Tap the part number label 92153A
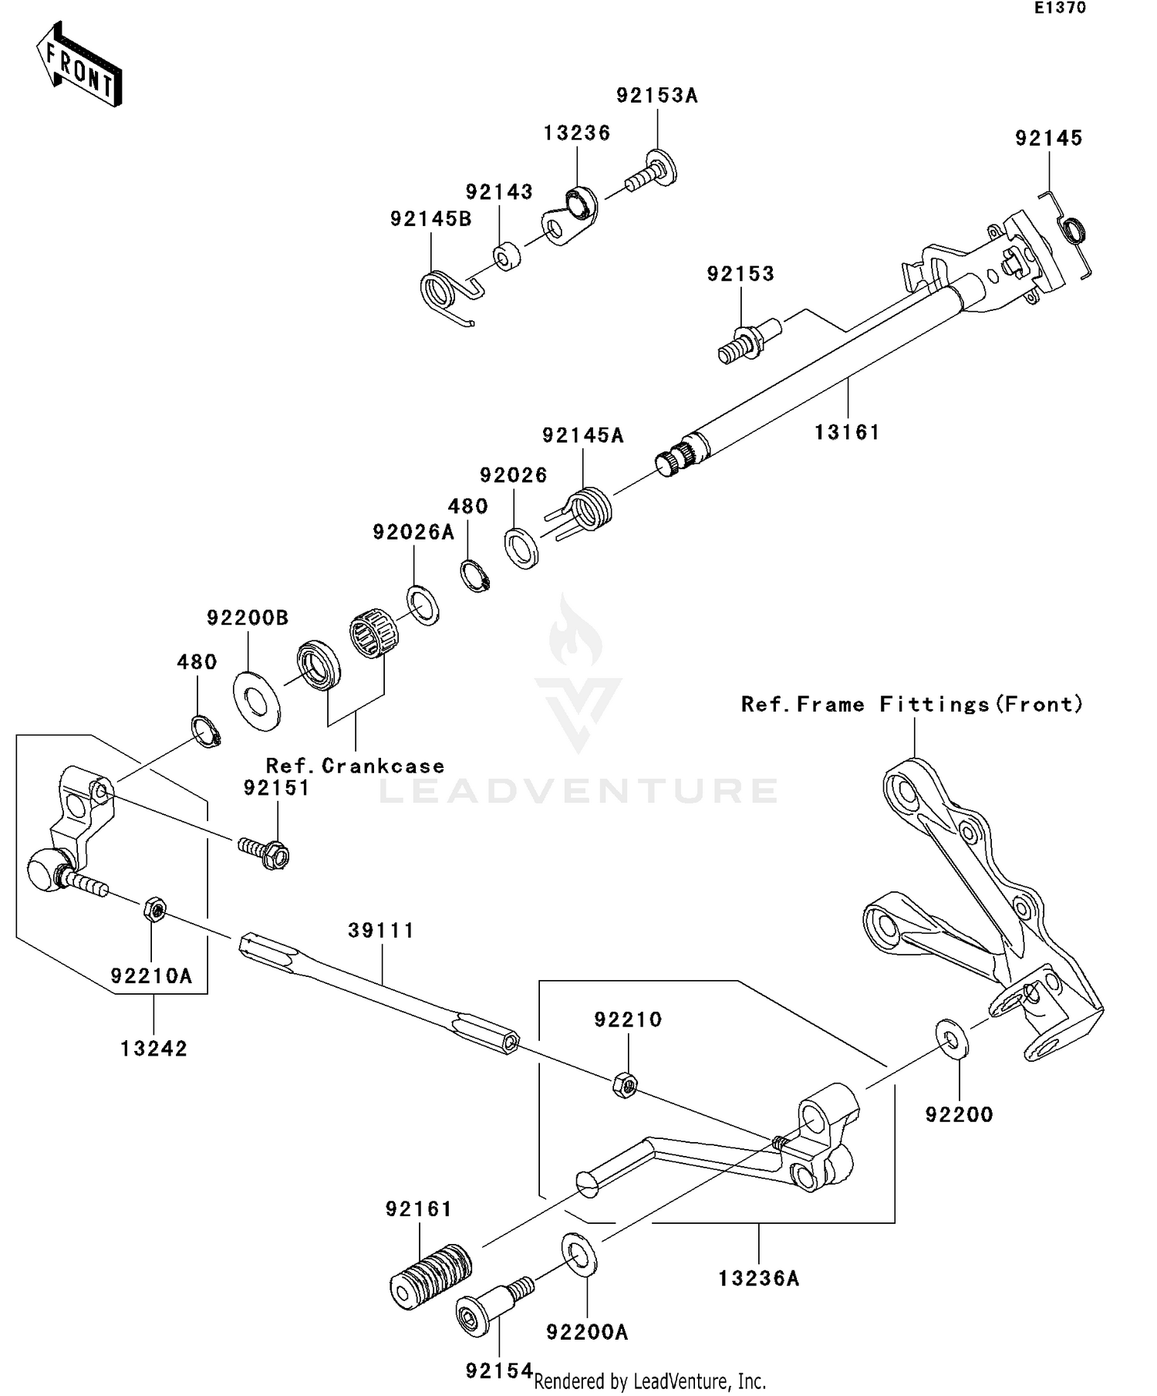tap(656, 96)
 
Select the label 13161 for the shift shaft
tap(847, 433)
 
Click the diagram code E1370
tap(1060, 8)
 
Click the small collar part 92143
tap(506, 256)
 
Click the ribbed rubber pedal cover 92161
tap(430, 1276)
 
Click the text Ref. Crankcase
tap(355, 766)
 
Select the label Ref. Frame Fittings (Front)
tap(912, 705)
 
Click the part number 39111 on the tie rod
tap(381, 931)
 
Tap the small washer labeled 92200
tap(953, 1039)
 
